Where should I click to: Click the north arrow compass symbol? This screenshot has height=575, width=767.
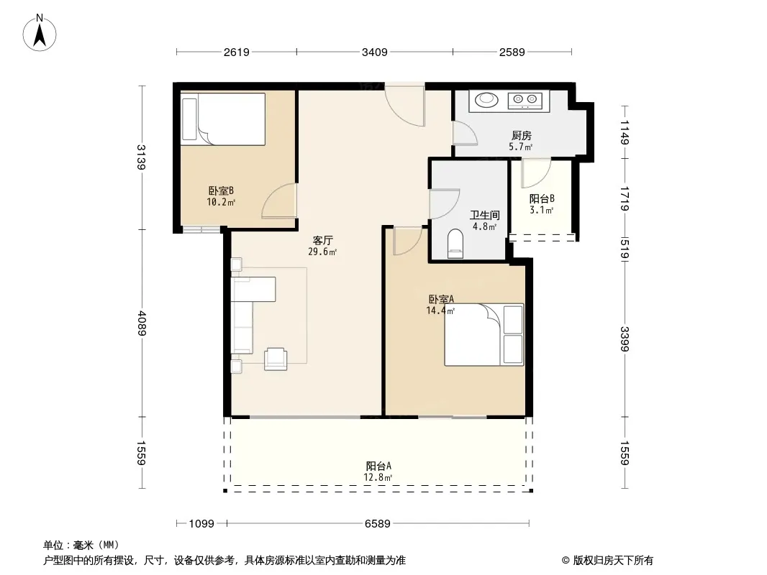[40, 33]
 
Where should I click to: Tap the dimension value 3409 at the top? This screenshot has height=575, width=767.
[375, 52]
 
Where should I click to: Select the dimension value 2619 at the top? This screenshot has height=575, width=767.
[237, 52]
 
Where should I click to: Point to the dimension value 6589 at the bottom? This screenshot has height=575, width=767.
[378, 524]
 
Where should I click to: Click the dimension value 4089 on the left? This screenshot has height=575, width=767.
[142, 323]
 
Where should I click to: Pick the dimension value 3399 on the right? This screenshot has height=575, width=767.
[625, 339]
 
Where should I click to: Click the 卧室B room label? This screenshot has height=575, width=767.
[221, 190]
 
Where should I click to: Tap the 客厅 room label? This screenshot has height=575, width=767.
[323, 240]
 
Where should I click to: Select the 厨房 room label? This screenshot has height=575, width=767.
[522, 135]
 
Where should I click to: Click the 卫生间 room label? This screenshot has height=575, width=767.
[485, 215]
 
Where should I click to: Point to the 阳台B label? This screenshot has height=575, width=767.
[542, 199]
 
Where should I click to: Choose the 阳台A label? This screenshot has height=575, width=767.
[378, 466]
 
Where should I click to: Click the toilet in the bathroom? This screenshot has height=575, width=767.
[455, 243]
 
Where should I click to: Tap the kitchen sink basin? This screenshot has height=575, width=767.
[486, 100]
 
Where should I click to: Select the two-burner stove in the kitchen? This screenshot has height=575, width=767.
[525, 100]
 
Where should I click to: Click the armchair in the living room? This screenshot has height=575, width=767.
[276, 359]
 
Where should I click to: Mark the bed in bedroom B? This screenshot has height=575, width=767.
[223, 119]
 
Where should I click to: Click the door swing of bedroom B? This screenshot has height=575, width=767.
[279, 201]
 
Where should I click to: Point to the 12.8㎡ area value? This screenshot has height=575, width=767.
[378, 477]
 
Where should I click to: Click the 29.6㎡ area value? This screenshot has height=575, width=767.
[322, 252]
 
